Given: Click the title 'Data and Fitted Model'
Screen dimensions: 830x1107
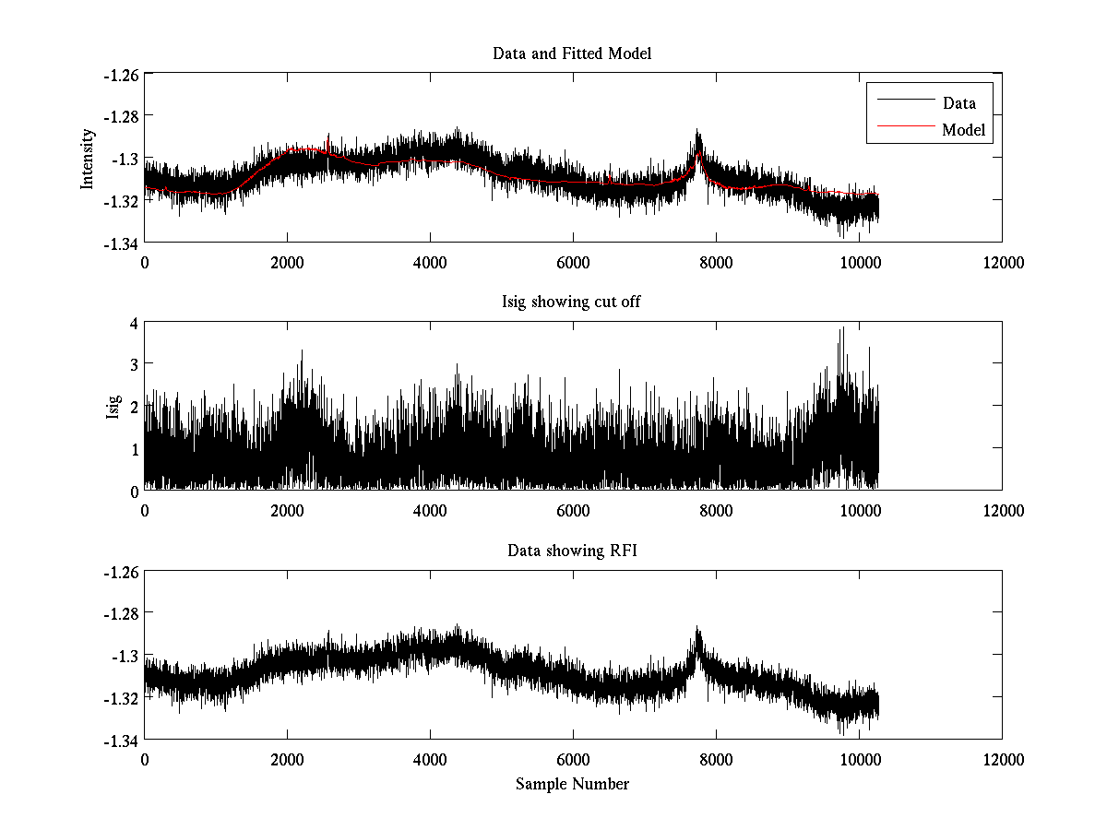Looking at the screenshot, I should coord(572,53).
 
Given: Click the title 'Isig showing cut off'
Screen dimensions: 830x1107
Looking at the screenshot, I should coord(572,302).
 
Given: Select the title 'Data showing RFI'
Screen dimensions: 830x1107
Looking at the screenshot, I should coord(572,551).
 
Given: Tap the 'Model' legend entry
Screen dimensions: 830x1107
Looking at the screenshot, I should coord(963,130).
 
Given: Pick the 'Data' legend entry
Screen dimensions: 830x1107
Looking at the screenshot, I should coord(958,102).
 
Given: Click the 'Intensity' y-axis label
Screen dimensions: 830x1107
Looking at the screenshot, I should coord(88,158).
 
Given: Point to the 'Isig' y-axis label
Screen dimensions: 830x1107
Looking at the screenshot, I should coord(113,407).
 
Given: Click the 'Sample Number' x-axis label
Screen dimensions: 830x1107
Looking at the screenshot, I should coord(572,785).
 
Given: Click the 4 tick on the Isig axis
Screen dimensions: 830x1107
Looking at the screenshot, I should coord(134,323).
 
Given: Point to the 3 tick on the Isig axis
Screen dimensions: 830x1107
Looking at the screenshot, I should coord(134,364).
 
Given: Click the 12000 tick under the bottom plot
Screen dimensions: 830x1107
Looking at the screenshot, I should coord(1002,760).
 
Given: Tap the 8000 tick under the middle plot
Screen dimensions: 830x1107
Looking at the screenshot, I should coord(716,511).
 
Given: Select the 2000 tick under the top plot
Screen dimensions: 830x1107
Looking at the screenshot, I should coord(287,262).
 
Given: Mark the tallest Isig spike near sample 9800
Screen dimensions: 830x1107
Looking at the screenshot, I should coord(841,329).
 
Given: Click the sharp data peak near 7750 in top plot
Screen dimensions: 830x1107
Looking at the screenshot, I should coord(697,132).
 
